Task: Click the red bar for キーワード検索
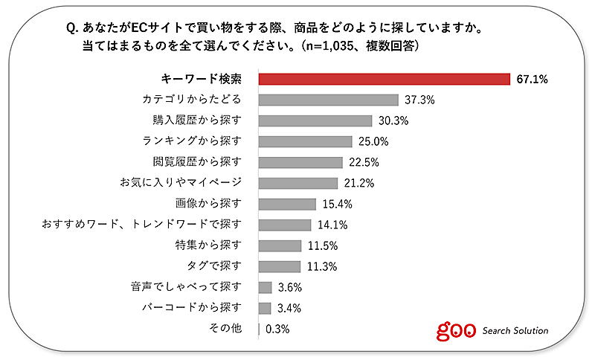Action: click(383, 79)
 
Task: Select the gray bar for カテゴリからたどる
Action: click(328, 100)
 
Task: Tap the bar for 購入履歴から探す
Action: click(315, 120)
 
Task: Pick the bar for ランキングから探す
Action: click(305, 141)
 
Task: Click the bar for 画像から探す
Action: click(287, 204)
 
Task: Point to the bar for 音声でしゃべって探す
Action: click(265, 287)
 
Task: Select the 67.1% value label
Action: click(532, 79)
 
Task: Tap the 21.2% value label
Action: click(359, 183)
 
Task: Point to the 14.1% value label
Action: click(332, 225)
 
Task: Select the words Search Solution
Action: click(515, 330)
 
